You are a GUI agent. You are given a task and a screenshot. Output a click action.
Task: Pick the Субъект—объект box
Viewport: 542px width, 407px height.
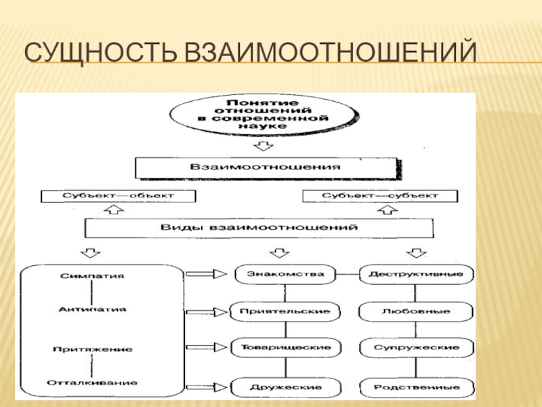119,195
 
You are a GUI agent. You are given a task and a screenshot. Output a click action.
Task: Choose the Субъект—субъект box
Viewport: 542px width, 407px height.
379,195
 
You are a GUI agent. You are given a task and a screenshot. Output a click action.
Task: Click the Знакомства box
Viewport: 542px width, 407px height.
285,275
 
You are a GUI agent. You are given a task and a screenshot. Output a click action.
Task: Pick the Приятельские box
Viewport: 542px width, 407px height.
285,312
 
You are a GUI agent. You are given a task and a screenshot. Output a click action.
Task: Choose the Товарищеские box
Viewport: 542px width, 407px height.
285,347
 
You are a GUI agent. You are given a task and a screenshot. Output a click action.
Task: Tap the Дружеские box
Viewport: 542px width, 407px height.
285,387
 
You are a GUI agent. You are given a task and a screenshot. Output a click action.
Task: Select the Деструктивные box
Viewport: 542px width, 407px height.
415,275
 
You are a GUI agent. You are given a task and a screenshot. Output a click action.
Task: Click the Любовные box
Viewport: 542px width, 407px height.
415,312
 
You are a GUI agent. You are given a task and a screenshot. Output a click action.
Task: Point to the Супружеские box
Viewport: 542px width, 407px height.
415,347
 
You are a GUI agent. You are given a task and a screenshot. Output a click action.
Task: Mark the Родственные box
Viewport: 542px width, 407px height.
415,387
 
